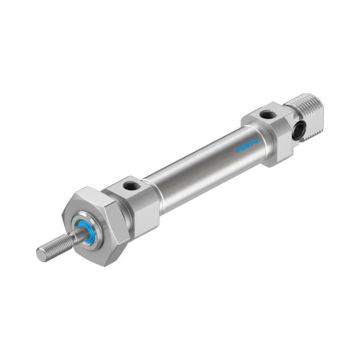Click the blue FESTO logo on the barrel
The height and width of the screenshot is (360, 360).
pos(247,145)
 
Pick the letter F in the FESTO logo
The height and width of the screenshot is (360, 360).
pos(238,150)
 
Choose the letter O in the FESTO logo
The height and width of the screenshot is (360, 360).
pos(256,141)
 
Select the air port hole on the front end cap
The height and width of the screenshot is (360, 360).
pos(132,185)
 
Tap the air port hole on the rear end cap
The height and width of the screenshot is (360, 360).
pos(268,114)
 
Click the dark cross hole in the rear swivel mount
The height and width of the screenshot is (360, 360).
pos(298,131)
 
